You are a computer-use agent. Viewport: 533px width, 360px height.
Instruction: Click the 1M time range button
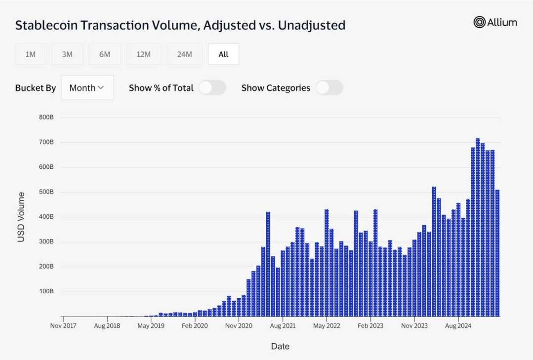[31, 54]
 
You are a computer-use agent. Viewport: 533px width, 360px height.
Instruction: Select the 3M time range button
[67, 54]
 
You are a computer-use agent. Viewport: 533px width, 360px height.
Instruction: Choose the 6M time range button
[105, 54]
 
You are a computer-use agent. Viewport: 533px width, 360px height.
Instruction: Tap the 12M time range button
[143, 54]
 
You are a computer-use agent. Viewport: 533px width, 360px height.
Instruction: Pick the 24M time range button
[184, 54]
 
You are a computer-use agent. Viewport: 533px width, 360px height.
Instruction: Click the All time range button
[223, 54]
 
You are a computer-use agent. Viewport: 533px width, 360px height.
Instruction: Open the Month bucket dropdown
[87, 88]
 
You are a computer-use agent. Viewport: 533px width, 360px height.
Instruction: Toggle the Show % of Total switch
[212, 88]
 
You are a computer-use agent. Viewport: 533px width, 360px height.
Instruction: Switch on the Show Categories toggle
[329, 88]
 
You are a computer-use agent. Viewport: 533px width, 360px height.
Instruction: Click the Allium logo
[495, 22]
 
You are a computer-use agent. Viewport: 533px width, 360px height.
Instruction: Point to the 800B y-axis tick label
[46, 118]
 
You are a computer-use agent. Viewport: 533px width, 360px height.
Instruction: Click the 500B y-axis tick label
[46, 192]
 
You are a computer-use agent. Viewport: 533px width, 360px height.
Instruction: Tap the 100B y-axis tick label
[46, 291]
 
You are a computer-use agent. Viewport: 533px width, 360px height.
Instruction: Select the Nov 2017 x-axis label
[63, 326]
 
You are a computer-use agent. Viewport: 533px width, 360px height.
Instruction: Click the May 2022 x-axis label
[327, 326]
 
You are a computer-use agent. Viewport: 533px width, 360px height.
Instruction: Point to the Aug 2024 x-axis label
[458, 326]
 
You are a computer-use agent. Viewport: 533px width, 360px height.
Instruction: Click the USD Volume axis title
[21, 217]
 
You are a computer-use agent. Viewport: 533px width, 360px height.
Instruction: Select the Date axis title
[280, 347]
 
